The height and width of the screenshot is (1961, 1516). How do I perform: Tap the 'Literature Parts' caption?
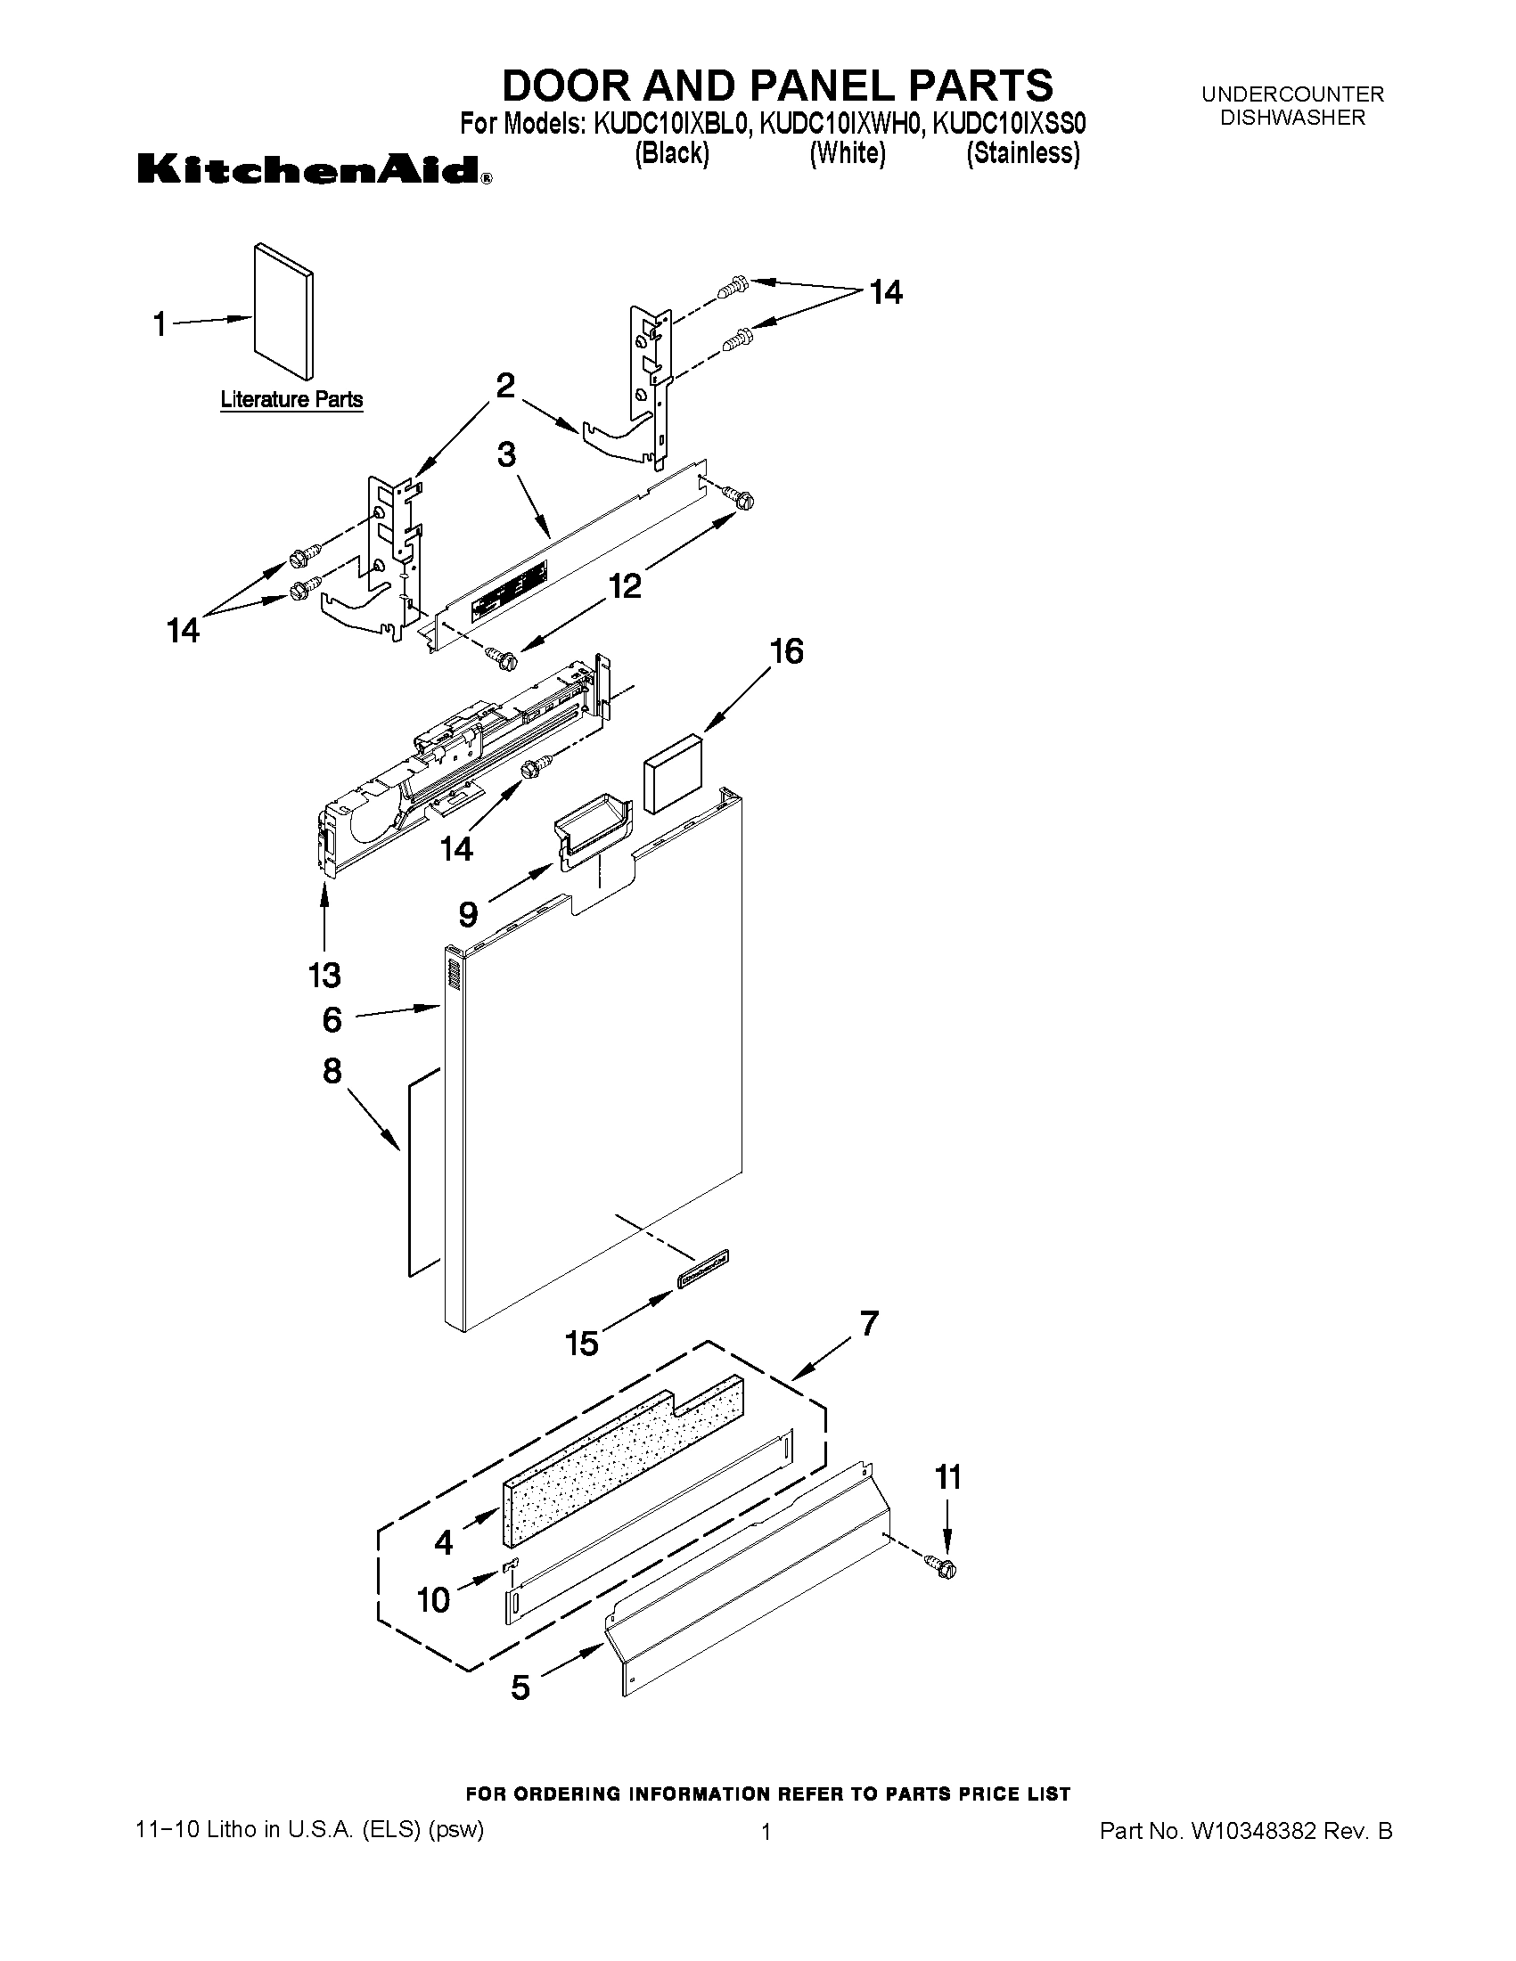click(292, 399)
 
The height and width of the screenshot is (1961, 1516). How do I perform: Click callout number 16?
click(787, 651)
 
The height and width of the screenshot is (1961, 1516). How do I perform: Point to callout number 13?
click(324, 974)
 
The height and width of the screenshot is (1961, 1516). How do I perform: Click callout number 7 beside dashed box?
click(868, 1323)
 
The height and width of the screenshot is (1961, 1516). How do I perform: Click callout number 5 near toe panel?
click(520, 1687)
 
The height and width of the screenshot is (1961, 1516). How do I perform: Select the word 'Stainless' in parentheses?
click(1023, 153)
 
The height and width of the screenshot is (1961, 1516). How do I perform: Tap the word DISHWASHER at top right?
click(1292, 118)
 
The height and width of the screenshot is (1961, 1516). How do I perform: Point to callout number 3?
click(506, 455)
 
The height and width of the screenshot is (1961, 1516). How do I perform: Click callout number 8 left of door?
click(332, 1070)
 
